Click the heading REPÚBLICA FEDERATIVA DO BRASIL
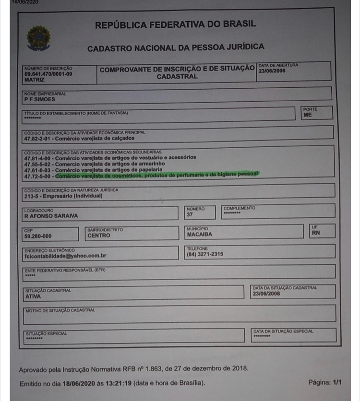(x=176, y=24)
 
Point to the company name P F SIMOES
(x=39, y=99)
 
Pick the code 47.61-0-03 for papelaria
(x=37, y=169)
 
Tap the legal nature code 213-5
(x=32, y=196)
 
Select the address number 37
(x=189, y=215)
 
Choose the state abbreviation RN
(x=315, y=233)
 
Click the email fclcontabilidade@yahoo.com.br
(x=64, y=256)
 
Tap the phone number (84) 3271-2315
(x=204, y=255)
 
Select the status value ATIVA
(x=32, y=296)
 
